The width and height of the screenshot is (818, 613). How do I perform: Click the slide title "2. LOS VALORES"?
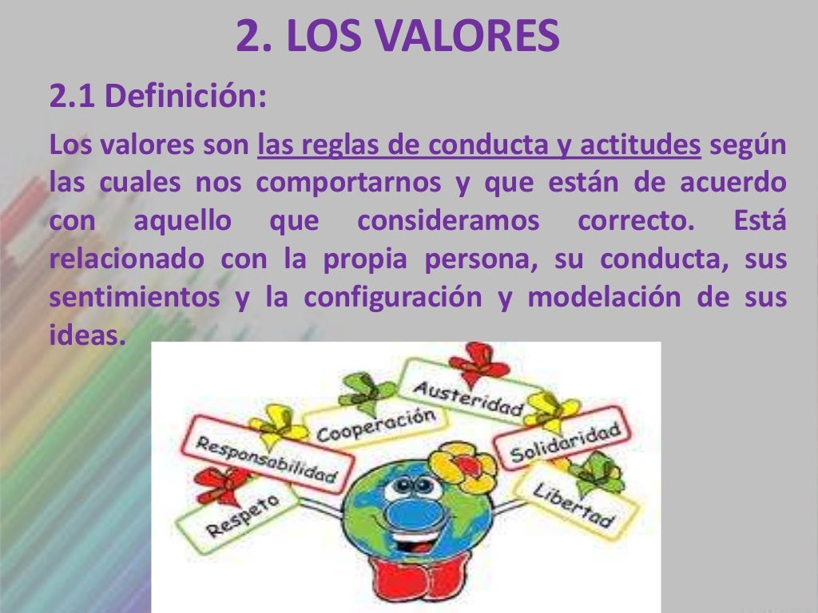[x=397, y=38]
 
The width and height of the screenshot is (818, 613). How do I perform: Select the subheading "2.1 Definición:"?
[x=157, y=98]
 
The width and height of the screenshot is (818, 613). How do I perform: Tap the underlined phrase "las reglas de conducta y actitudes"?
[x=479, y=146]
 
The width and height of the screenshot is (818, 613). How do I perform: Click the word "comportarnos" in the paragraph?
[x=348, y=183]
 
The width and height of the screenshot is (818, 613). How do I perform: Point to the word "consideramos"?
[x=448, y=220]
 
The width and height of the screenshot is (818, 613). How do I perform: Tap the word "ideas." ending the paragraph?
[x=88, y=334]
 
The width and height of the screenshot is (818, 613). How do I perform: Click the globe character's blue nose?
[x=409, y=516]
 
